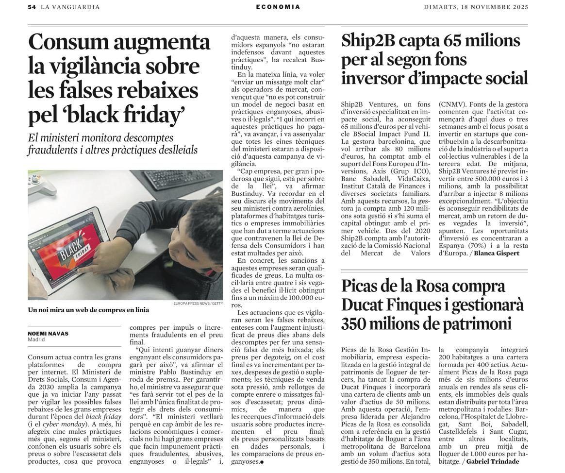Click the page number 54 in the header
tap(32, 7)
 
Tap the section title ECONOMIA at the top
tap(278, 7)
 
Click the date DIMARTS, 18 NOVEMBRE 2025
tap(476, 7)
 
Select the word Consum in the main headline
tap(68, 42)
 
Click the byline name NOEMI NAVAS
tap(48, 334)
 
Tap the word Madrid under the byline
tap(36, 339)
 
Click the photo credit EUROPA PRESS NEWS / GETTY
tap(198, 304)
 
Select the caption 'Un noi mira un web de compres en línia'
tap(88, 310)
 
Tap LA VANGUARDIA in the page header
tap(70, 7)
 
